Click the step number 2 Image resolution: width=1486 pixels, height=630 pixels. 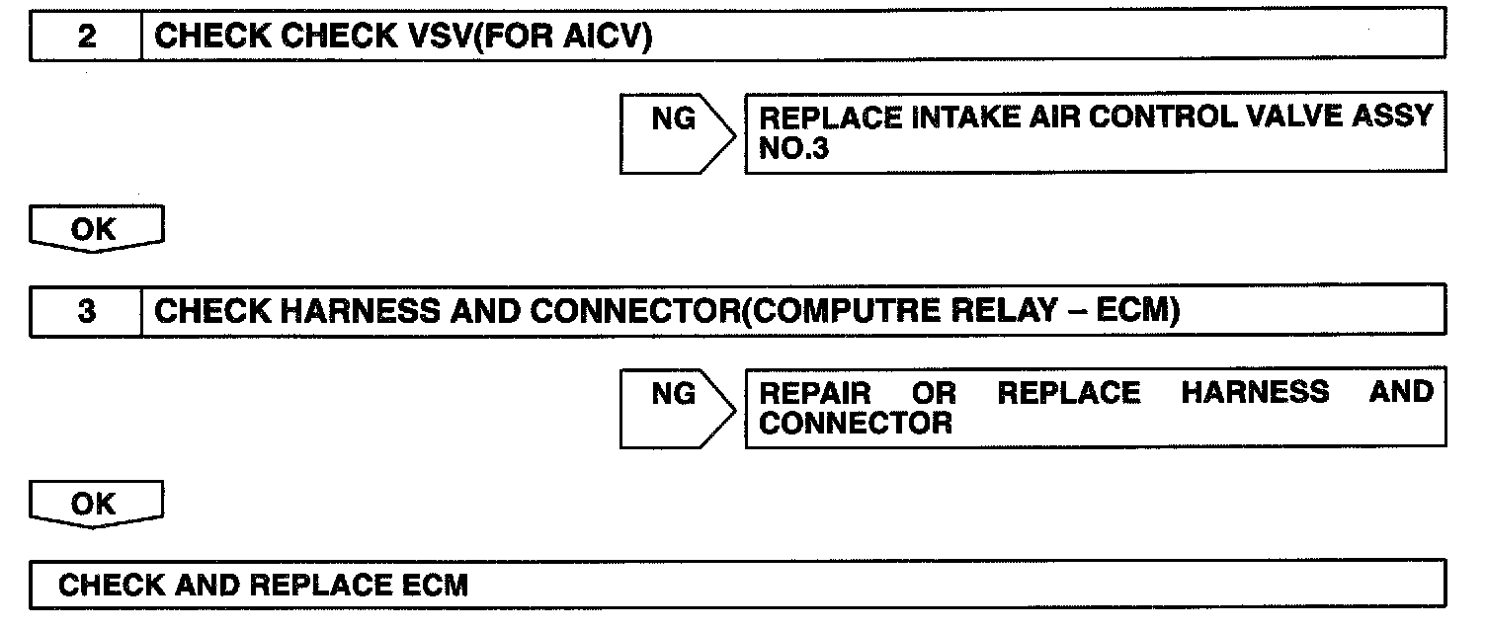87,39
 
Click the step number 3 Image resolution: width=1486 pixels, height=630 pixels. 87,313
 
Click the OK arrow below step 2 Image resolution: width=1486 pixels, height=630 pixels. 96,230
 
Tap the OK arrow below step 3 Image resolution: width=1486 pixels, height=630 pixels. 96,505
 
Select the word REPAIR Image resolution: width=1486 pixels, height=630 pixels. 815,393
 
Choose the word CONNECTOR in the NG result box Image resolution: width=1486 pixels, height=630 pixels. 856,425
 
